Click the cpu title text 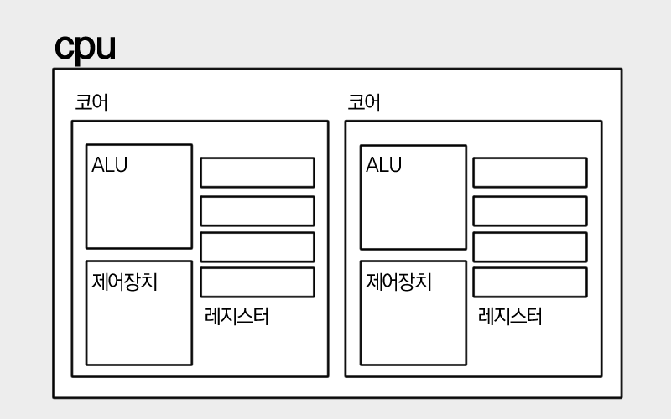click(x=85, y=48)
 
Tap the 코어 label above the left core click(x=91, y=103)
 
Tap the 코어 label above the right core click(x=364, y=103)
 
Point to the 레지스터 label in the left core click(x=237, y=317)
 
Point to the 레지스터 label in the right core click(x=510, y=317)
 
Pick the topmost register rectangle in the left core click(x=257, y=172)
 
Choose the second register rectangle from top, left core click(x=257, y=210)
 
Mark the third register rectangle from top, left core click(x=257, y=246)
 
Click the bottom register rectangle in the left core click(x=257, y=282)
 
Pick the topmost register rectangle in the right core click(x=529, y=172)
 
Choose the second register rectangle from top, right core click(x=529, y=210)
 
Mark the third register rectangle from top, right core click(x=529, y=246)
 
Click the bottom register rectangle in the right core click(x=529, y=282)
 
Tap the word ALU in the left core click(x=110, y=165)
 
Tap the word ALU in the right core click(x=383, y=165)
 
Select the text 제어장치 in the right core click(x=398, y=282)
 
